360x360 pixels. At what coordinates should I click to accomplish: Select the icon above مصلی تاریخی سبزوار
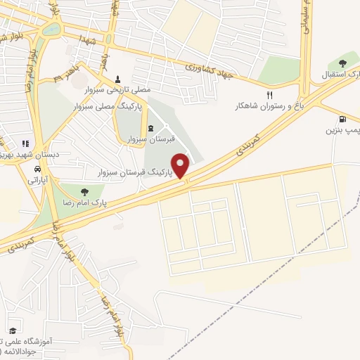click(117, 78)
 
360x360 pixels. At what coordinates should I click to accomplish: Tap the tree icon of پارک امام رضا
click(84, 191)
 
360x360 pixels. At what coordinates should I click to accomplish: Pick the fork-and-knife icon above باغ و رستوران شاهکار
click(268, 95)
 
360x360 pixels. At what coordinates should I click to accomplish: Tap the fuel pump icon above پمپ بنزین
click(342, 119)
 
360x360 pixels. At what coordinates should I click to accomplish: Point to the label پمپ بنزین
click(342, 130)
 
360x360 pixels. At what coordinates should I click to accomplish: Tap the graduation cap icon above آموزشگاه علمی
click(13, 330)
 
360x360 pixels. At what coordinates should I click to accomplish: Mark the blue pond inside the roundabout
click(51, 30)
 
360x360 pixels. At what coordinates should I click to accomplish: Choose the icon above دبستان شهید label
click(26, 143)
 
